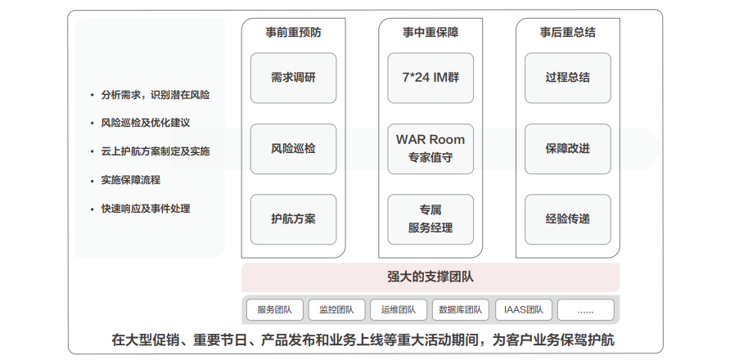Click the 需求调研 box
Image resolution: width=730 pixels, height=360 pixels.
click(x=293, y=78)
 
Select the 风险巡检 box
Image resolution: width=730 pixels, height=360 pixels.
click(x=293, y=148)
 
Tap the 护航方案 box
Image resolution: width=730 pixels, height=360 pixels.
click(x=293, y=218)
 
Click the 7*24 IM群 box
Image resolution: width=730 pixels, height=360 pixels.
click(x=430, y=78)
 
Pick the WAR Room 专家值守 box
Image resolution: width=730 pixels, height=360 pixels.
click(x=430, y=148)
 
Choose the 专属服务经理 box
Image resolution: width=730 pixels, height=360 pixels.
click(x=430, y=218)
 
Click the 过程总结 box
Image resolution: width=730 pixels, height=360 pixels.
click(x=568, y=78)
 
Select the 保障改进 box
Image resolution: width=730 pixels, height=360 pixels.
click(x=568, y=148)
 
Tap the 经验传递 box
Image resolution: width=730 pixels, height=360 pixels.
click(x=568, y=218)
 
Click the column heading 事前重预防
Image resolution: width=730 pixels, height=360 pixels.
click(x=293, y=33)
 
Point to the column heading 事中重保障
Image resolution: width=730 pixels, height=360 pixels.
click(x=430, y=33)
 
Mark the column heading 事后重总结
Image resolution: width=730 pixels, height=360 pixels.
click(x=568, y=33)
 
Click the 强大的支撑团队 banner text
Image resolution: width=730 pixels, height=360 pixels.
click(x=430, y=277)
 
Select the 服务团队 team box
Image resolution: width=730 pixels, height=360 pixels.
click(x=274, y=310)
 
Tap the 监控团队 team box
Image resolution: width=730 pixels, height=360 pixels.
click(x=336, y=310)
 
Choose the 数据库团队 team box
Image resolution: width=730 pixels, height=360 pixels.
click(x=460, y=310)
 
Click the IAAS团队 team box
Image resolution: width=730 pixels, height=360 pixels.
click(x=524, y=310)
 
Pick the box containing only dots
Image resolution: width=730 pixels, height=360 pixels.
click(x=584, y=310)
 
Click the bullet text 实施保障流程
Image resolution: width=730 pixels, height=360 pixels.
click(x=131, y=180)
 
